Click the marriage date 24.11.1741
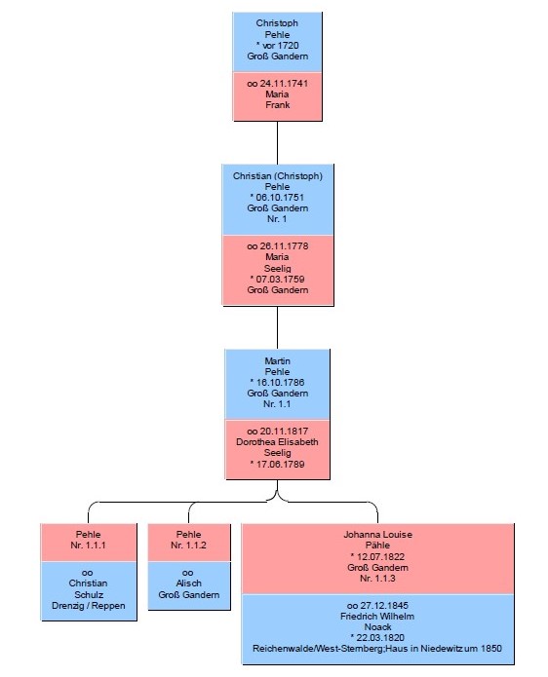click(284, 84)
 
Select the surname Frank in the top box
click(278, 105)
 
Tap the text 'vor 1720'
click(281, 46)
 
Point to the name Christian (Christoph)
click(278, 176)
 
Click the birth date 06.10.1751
click(280, 198)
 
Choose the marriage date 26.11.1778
click(284, 246)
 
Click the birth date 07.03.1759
click(280, 279)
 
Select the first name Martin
click(278, 361)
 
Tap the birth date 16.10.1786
click(280, 383)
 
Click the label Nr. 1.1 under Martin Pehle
click(277, 404)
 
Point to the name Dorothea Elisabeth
click(277, 442)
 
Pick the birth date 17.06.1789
click(280, 464)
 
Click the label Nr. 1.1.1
click(88, 545)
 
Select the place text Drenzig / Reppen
click(89, 606)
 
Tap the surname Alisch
click(189, 583)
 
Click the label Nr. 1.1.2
click(188, 545)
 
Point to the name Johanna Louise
click(377, 535)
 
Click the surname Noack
click(377, 627)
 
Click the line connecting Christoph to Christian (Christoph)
click(278, 142)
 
